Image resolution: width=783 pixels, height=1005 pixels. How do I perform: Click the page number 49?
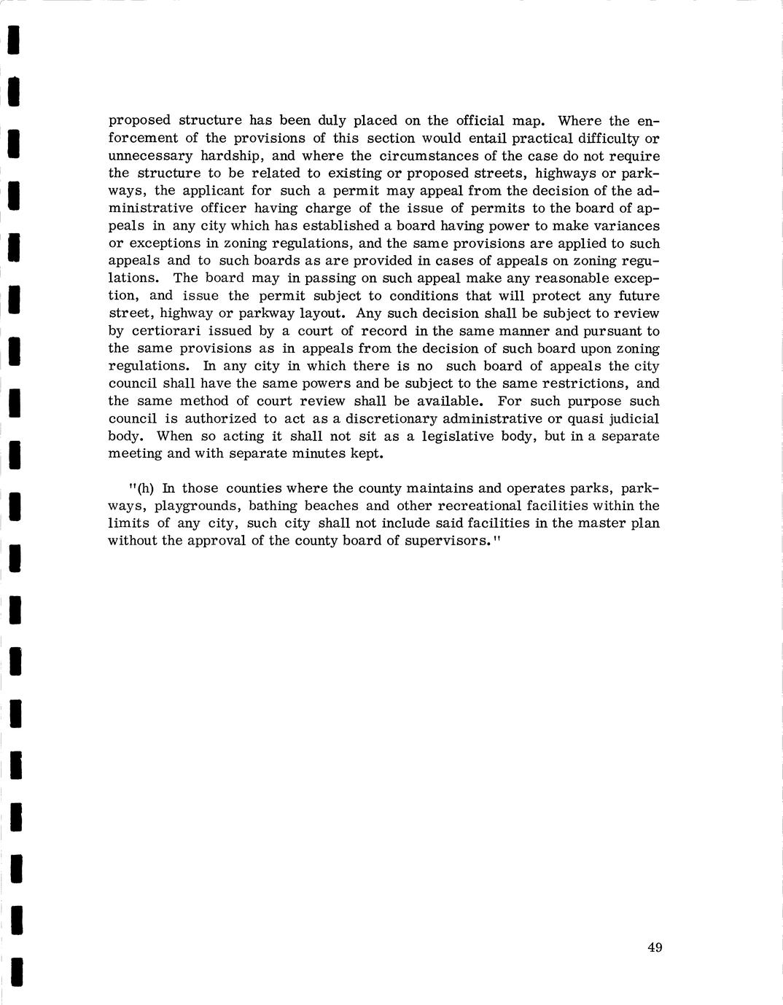coord(654,947)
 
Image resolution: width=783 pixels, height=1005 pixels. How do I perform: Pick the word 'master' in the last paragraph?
coord(599,523)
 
